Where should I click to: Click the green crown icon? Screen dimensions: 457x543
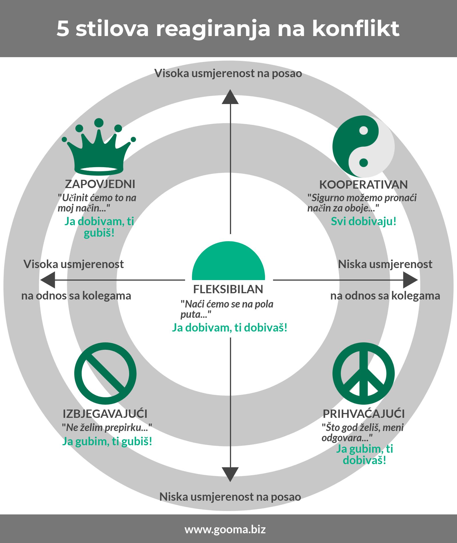[x=99, y=154]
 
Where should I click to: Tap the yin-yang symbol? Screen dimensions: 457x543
[x=363, y=146]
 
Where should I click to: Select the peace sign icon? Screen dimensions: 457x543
[x=364, y=373]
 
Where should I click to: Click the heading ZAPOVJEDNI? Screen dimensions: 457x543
[x=100, y=184]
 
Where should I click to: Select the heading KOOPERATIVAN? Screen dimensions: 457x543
[x=363, y=185]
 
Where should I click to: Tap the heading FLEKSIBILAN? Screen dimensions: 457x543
[x=228, y=289]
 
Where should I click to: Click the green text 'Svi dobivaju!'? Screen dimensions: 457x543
[x=364, y=221]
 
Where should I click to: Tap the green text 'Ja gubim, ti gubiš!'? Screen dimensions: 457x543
[x=107, y=441]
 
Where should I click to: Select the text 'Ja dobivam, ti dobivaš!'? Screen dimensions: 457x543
[x=230, y=328]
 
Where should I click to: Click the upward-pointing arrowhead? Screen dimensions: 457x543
[x=230, y=97]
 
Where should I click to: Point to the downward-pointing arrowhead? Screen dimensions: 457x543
[x=230, y=475]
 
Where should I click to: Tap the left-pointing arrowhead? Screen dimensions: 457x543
[x=48, y=280]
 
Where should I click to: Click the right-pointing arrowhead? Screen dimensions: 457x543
[x=410, y=280]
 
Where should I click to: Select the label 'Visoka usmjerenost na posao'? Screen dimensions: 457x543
[x=228, y=73]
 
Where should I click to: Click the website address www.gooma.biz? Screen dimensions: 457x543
[x=225, y=530]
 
